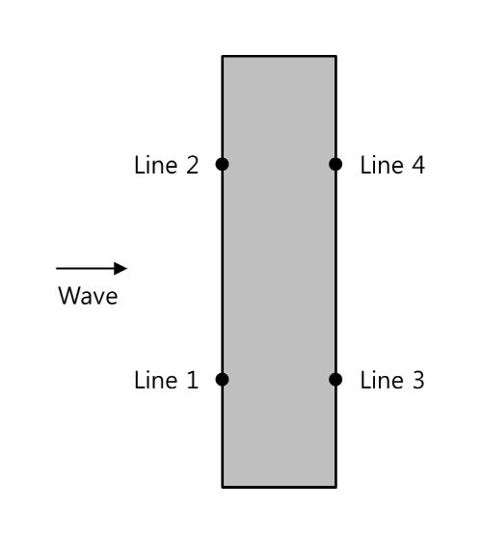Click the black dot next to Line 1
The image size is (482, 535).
(222, 380)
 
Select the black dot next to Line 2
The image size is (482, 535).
(222, 164)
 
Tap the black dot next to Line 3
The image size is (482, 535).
(335, 380)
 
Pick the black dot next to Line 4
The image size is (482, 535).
(335, 164)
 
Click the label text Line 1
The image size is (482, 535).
(166, 380)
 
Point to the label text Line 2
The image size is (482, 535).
(166, 165)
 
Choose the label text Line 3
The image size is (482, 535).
(392, 380)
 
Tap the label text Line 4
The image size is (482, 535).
(392, 165)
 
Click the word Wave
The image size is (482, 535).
(88, 296)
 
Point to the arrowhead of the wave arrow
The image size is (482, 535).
(126, 269)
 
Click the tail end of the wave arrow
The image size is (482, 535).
(56, 269)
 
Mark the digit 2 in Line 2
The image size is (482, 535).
(192, 165)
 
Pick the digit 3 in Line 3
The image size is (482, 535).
(418, 380)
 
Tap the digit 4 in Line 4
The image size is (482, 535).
(418, 165)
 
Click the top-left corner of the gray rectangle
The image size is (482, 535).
(223, 56)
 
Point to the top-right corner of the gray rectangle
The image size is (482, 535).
(336, 56)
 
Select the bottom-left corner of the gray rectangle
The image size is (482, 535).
(223, 487)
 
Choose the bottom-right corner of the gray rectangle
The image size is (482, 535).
(336, 487)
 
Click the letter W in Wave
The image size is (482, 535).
(68, 296)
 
